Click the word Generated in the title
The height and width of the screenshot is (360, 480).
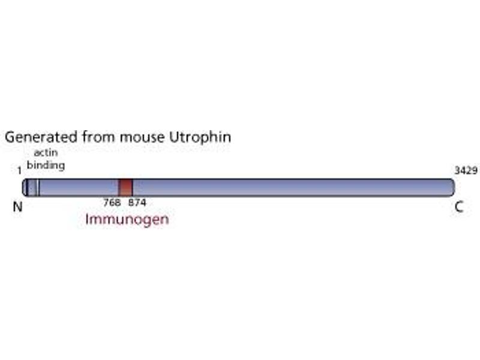click(41, 137)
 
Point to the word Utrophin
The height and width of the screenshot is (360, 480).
click(200, 137)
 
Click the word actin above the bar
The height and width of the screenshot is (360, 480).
click(46, 152)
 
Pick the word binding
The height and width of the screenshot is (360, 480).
click(46, 165)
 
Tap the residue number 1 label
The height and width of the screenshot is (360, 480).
click(20, 171)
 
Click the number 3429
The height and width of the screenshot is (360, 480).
click(466, 170)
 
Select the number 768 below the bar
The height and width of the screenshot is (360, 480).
click(112, 202)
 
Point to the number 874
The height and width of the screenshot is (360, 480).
click(137, 202)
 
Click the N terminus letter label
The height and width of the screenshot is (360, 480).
click(18, 207)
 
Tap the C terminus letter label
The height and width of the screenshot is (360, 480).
click(459, 207)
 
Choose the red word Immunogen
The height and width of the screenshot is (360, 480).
click(127, 220)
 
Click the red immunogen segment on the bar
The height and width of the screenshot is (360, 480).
click(125, 187)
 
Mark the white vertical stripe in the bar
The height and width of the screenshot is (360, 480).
click(37, 187)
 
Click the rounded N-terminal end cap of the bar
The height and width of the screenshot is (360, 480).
click(25, 187)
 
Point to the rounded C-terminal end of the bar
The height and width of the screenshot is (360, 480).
click(452, 187)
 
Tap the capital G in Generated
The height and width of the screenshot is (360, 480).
click(10, 137)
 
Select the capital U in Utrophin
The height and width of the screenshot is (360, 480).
click(175, 137)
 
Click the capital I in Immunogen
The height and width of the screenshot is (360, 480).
click(87, 219)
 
